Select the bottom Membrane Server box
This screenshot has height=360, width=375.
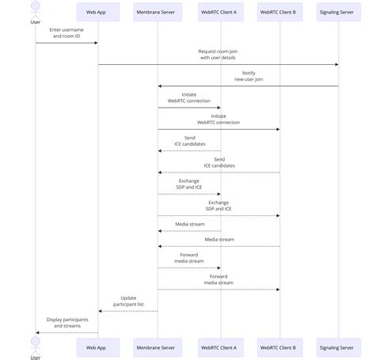click(x=157, y=347)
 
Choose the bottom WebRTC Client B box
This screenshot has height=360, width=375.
click(x=280, y=347)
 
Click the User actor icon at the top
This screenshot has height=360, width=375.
click(x=36, y=9)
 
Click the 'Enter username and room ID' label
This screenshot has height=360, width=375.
click(x=66, y=33)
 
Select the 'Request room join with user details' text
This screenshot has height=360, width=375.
click(x=218, y=55)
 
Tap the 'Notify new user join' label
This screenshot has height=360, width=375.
click(x=248, y=76)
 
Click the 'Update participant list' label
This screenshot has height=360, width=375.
click(x=127, y=301)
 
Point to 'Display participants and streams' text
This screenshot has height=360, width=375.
click(x=66, y=323)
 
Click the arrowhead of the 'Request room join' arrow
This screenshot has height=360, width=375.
click(x=336, y=65)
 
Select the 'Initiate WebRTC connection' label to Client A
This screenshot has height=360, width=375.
click(x=189, y=97)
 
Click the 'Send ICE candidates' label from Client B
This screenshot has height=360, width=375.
click(x=218, y=162)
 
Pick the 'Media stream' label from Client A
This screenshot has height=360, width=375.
click(x=189, y=224)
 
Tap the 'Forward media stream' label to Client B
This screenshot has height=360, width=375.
click(x=218, y=279)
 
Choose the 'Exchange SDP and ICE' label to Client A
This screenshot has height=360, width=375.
click(x=189, y=184)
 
